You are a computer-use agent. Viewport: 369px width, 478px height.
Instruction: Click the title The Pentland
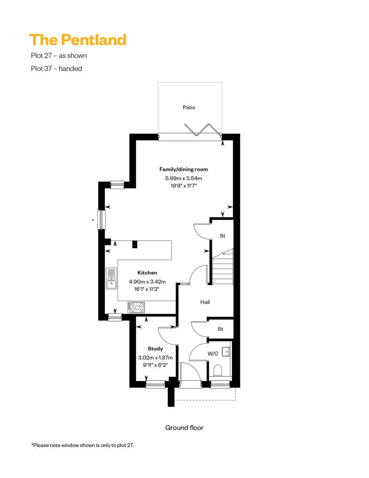[x=77, y=40]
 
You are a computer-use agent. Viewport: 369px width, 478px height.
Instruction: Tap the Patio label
[x=189, y=108]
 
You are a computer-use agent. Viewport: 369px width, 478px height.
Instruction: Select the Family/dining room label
[x=184, y=169]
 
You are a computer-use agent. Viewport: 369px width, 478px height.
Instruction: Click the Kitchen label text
[x=147, y=273]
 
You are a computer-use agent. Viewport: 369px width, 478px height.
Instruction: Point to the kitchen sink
[x=111, y=278]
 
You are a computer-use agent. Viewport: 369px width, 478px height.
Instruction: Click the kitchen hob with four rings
[x=136, y=307]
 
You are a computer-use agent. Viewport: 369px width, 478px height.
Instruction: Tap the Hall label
[x=205, y=302]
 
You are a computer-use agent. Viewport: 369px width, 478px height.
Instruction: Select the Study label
[x=155, y=348]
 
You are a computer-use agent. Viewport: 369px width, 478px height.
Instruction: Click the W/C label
[x=213, y=353]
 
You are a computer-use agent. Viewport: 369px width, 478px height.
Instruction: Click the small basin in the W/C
[x=226, y=352]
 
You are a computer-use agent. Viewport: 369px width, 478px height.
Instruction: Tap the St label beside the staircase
[x=222, y=236]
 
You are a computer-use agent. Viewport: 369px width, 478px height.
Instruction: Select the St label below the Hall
[x=220, y=329]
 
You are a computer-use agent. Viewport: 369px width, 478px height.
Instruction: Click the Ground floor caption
[x=184, y=428]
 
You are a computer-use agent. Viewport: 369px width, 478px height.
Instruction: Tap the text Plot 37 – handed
[x=56, y=69]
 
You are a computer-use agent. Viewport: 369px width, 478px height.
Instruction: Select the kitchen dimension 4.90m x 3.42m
[x=147, y=281]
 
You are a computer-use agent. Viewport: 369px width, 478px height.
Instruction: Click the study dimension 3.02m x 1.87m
[x=155, y=358]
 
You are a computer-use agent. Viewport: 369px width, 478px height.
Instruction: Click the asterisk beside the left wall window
[x=93, y=220]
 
